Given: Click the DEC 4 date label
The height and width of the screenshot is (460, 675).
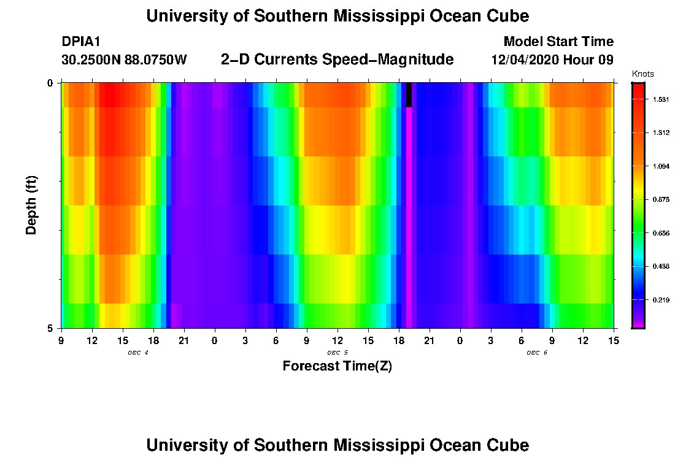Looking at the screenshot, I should click(x=138, y=353).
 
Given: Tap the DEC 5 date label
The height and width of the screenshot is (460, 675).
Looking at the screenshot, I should click(x=337, y=353).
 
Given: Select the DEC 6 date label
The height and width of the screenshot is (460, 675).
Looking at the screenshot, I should click(x=537, y=353).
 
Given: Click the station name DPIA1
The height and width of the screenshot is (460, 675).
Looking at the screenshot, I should click(x=81, y=42).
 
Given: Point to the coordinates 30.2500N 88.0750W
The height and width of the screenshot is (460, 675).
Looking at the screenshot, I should click(x=125, y=60).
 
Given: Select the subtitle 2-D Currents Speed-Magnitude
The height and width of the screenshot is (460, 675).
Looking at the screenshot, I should click(x=337, y=59).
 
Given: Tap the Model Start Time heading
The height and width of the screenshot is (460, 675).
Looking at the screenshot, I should click(x=558, y=42).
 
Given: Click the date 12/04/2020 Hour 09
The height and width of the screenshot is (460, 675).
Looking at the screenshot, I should click(x=552, y=60).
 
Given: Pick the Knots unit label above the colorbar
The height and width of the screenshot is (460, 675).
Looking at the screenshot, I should click(x=643, y=74).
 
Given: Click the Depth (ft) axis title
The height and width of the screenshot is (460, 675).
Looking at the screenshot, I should click(x=31, y=205).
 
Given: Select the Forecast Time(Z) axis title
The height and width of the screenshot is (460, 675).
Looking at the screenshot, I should click(x=337, y=367).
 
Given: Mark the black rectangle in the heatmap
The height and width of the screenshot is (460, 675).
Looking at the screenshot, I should click(x=409, y=95).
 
